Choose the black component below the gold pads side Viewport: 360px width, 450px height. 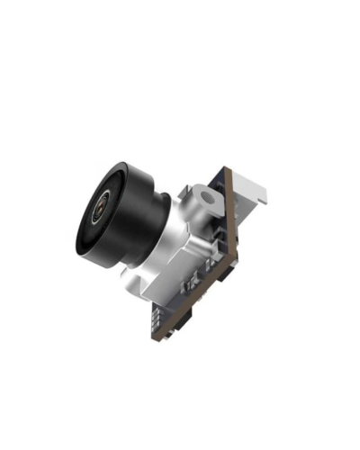[175, 322]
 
